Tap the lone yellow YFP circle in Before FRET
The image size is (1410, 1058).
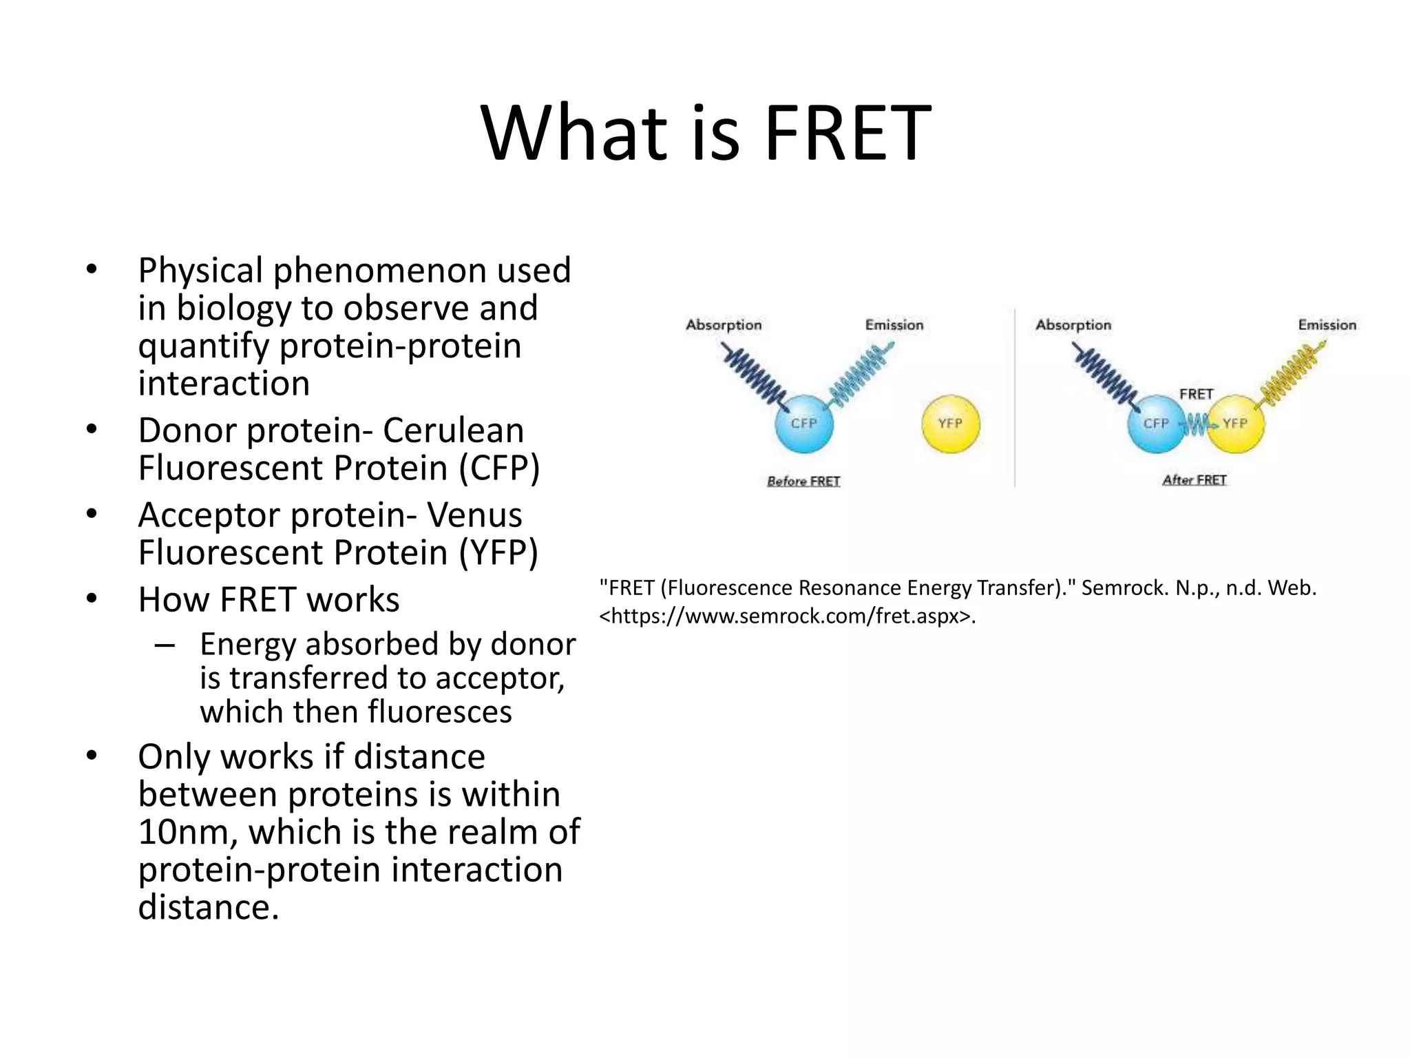[x=950, y=424]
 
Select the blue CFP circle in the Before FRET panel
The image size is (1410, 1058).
[x=803, y=424]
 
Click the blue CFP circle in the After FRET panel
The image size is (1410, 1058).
[x=1156, y=424]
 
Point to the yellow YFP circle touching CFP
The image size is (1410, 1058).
[x=1237, y=424]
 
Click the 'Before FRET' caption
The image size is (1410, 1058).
[x=803, y=481]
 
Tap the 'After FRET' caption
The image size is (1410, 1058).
[x=1195, y=480]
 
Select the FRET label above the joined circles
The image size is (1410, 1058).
[x=1196, y=394]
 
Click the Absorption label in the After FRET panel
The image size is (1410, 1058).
[x=1073, y=325]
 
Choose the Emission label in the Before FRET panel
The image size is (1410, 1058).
[x=894, y=325]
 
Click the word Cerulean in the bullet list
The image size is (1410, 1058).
[x=453, y=431]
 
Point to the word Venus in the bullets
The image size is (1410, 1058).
[x=474, y=515]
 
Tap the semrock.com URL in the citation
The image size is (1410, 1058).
[x=786, y=616]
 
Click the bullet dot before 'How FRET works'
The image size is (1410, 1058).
[x=92, y=598]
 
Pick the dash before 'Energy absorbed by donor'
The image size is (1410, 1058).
[x=164, y=645]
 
